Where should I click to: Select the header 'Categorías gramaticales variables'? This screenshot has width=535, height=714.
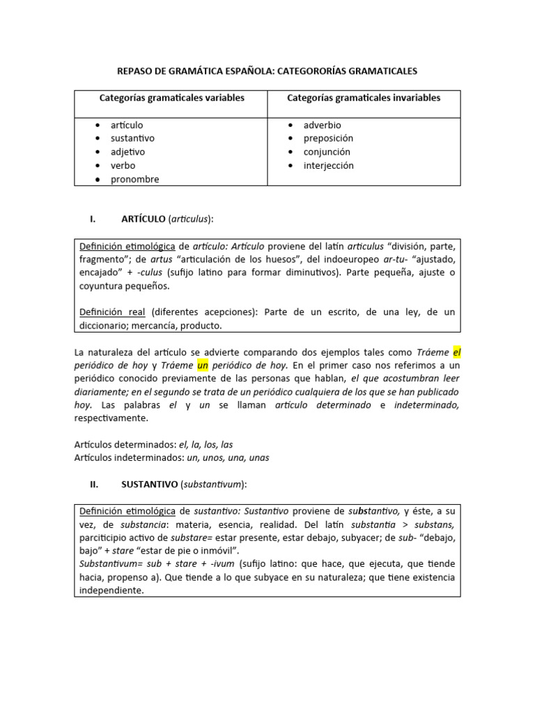[x=171, y=98]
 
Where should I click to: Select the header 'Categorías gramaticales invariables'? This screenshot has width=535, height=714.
[x=364, y=98]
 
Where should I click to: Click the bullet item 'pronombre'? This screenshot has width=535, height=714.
[x=134, y=179]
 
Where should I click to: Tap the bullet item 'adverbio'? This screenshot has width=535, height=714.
[x=322, y=125]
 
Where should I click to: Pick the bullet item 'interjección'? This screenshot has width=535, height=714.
[x=328, y=165]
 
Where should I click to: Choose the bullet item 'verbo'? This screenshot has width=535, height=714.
[x=123, y=165]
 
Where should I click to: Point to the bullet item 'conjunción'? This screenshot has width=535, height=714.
[x=327, y=152]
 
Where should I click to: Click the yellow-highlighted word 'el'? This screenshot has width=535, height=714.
[x=457, y=352]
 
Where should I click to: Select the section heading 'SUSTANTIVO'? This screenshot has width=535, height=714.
[x=149, y=483]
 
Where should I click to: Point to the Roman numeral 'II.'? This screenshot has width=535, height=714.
[x=93, y=483]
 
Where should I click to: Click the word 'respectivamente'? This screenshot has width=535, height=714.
[x=111, y=418]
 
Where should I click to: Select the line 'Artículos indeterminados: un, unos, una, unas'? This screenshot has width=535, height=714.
[x=171, y=458]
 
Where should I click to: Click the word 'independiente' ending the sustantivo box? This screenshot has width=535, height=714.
[x=111, y=591]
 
